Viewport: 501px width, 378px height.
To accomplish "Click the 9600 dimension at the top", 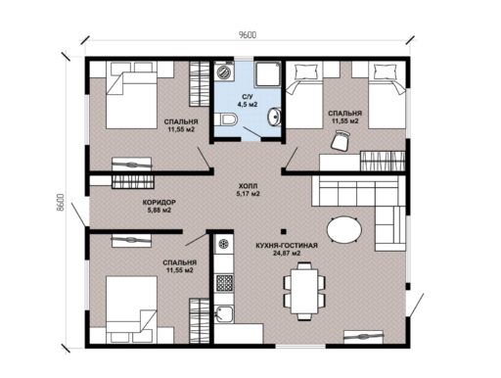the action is tap(248, 35).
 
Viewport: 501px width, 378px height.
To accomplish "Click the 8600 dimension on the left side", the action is tap(60, 203).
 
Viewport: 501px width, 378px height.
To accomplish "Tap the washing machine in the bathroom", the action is tap(224, 71).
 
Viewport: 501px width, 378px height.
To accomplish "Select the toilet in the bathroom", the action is tap(226, 119).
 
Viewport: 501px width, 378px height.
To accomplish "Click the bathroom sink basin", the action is tap(274, 117).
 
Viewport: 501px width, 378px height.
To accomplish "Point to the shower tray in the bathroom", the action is tap(268, 74).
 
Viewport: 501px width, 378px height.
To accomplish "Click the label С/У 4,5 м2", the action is tap(248, 101).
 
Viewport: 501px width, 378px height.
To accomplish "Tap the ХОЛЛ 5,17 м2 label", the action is tap(249, 190).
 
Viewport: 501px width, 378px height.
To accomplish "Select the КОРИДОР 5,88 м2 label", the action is tap(159, 207).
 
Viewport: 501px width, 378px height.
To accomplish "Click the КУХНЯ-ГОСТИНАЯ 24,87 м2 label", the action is tap(287, 249).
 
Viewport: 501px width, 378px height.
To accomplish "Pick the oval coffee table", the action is tap(344, 230).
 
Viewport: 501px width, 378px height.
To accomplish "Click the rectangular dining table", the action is tap(304, 291).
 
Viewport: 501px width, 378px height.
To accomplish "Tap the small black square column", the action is tap(284, 231).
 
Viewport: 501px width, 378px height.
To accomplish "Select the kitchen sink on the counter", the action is tap(224, 314).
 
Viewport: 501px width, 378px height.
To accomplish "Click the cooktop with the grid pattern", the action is tap(224, 283).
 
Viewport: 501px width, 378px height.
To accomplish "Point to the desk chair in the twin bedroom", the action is tap(341, 140).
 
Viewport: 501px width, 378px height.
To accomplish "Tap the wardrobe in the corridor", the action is tap(133, 182).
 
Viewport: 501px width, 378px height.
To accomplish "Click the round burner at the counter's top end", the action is tap(224, 244).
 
